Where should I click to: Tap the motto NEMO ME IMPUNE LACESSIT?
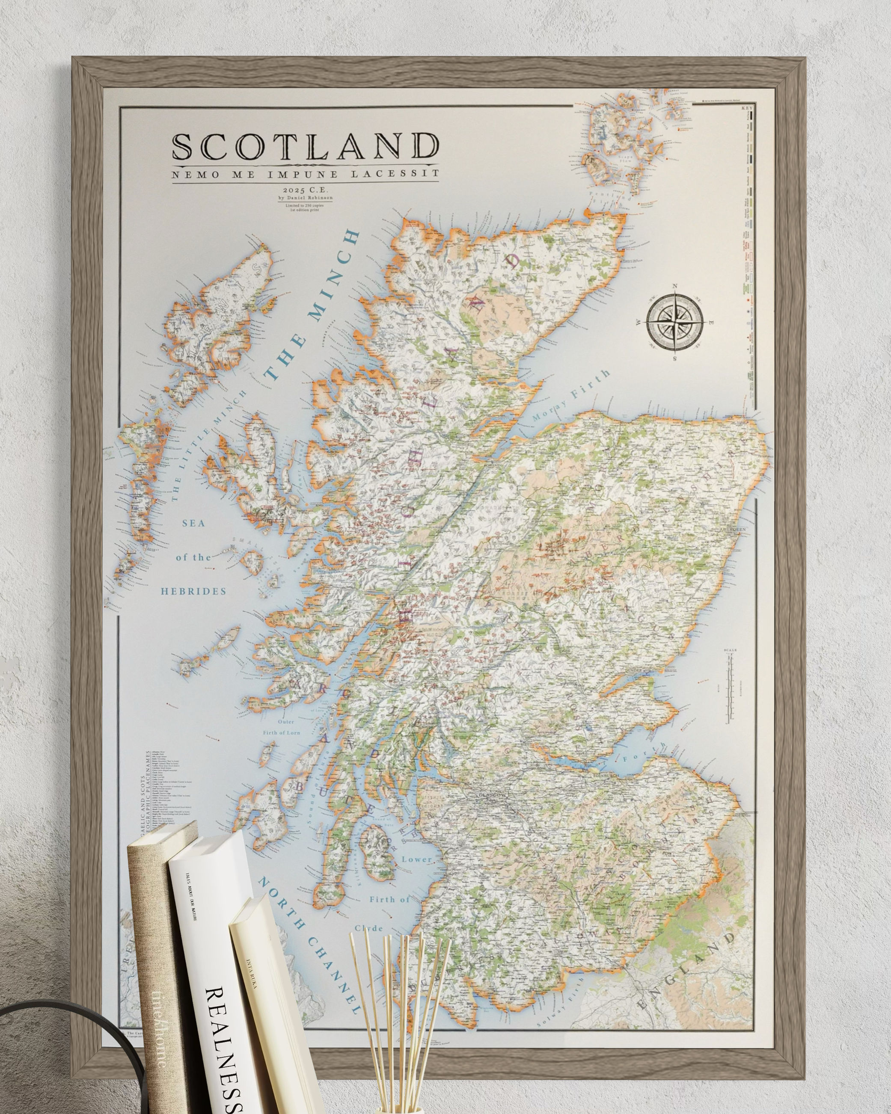click(306, 174)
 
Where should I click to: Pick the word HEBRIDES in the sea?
click(193, 591)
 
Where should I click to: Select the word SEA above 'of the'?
click(193, 523)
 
